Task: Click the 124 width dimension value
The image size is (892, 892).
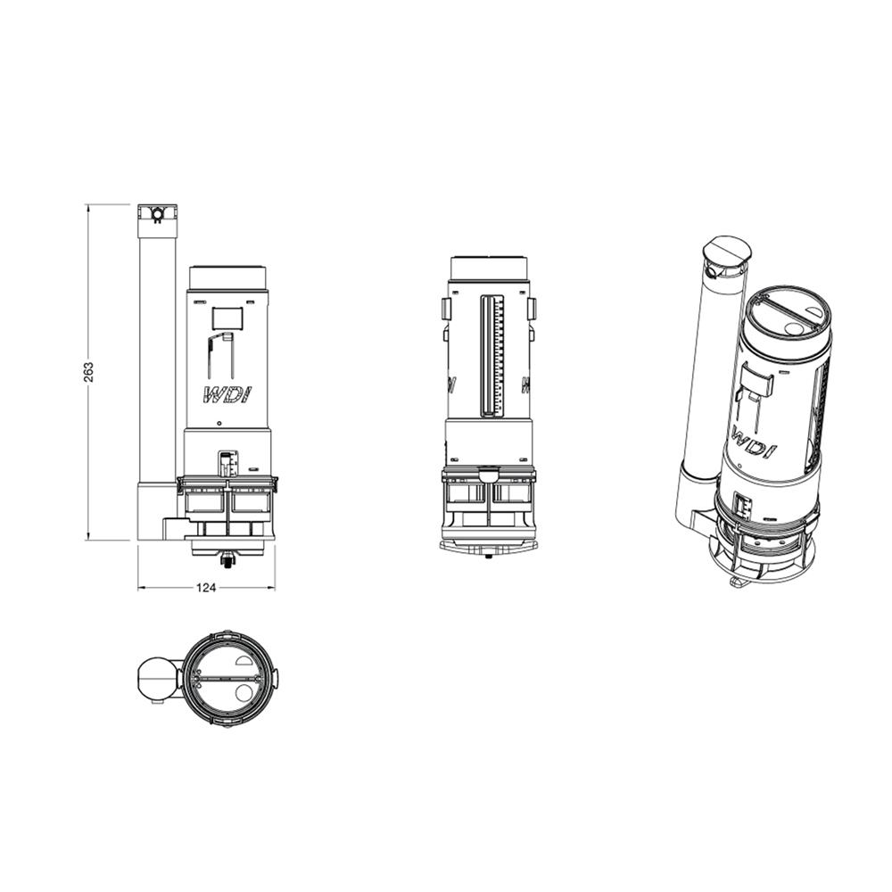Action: coord(206,588)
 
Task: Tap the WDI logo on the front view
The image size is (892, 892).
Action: coord(227,395)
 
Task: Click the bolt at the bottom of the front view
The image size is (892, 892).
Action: coord(227,560)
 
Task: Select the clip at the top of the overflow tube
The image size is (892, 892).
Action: coord(158,214)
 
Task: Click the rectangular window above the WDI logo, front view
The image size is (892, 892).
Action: coord(227,318)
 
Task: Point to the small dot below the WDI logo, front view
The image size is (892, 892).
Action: coord(219,423)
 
